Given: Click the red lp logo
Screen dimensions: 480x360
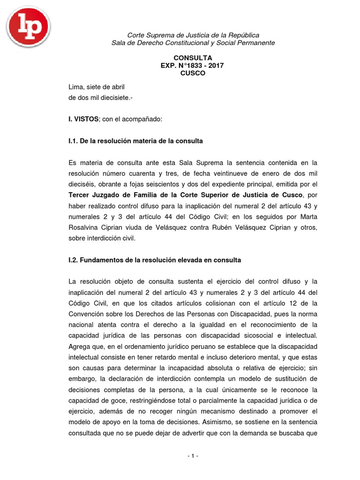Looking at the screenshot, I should click(28, 26).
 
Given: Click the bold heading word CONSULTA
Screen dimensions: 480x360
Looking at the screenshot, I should click(193, 58).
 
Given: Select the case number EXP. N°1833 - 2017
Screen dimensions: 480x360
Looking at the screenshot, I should click(193, 66).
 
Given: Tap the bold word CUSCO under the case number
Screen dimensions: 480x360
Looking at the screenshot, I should click(193, 73).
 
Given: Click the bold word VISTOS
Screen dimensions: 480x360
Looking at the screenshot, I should click(86, 120).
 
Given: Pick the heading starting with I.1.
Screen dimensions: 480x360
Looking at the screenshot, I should click(135, 141).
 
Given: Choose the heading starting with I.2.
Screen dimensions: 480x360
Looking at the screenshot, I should click(155, 260).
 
